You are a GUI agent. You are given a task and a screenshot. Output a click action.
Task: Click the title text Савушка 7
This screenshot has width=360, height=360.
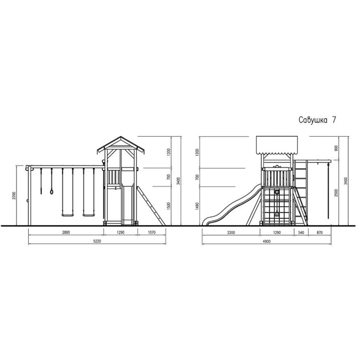coord(317,120)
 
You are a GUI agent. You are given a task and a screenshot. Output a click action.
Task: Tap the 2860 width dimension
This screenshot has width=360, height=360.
coord(66,232)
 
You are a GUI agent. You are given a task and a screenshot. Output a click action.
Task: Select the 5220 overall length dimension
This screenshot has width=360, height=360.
coord(97,241)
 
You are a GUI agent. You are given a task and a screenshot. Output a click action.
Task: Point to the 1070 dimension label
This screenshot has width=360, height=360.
coord(152,232)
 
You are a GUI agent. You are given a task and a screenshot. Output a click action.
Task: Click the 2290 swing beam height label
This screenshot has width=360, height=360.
coord(14,195)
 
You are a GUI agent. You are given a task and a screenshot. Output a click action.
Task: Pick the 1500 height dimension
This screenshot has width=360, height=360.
coord(169,206)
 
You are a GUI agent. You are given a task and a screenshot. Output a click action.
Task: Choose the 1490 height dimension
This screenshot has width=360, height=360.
coord(197,206)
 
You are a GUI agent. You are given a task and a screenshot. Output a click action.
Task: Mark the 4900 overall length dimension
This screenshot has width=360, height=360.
coord(266,241)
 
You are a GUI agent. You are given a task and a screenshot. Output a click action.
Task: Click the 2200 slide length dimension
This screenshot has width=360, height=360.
coord(231,232)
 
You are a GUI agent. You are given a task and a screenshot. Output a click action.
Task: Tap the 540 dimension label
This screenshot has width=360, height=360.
coord(301,232)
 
